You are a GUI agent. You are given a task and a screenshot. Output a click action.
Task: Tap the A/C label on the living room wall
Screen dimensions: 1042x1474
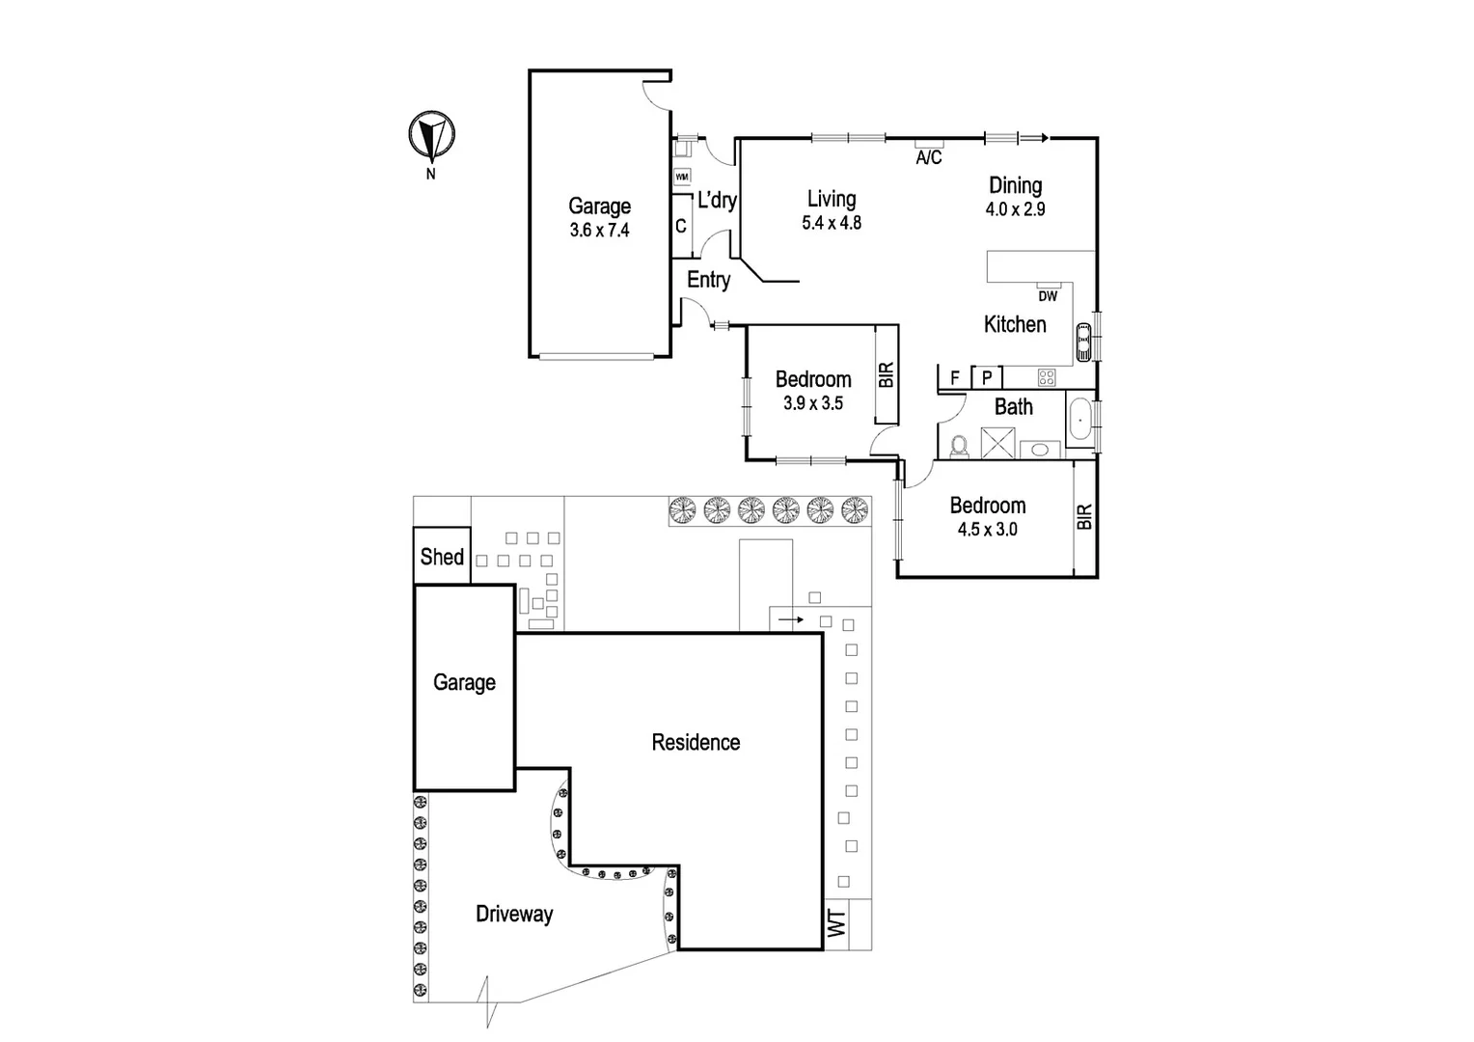[928, 157]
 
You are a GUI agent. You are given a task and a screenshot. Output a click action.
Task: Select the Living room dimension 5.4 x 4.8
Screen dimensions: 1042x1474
[831, 223]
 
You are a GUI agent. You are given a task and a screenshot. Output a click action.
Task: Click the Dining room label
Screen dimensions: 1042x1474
[1015, 185]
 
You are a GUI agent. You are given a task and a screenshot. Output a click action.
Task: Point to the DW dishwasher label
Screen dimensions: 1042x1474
[1048, 296]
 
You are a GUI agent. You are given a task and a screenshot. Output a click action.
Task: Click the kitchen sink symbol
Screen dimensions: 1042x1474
[1083, 341]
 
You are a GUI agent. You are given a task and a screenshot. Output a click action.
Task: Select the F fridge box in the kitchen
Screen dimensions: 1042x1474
[954, 377]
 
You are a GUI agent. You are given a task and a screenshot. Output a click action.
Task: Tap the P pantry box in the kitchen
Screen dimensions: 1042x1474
[987, 377]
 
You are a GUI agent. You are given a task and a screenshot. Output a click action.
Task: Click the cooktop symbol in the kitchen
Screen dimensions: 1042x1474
[1047, 377]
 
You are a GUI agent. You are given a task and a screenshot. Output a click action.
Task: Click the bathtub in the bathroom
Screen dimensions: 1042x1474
[1079, 422]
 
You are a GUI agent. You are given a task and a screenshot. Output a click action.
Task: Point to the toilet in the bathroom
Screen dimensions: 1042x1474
[958, 446]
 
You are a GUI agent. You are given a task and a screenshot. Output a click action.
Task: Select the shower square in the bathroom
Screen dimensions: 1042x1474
[998, 443]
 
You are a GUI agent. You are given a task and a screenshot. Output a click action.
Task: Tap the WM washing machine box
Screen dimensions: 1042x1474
[682, 177]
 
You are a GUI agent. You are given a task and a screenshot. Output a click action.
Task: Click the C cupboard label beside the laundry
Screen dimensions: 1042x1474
[681, 227]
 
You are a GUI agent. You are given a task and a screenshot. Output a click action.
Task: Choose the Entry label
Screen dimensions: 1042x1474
[708, 280]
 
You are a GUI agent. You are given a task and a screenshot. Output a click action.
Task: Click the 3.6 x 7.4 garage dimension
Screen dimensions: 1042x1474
[599, 231]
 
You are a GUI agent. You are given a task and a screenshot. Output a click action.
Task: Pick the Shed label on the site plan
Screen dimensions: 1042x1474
[442, 557]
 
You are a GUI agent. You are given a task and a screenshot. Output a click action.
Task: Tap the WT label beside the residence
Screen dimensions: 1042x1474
[836, 923]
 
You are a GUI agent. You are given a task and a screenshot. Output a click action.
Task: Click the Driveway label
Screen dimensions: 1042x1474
[514, 914]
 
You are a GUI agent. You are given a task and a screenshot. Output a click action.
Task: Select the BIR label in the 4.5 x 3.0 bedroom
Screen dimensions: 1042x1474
[1084, 517]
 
